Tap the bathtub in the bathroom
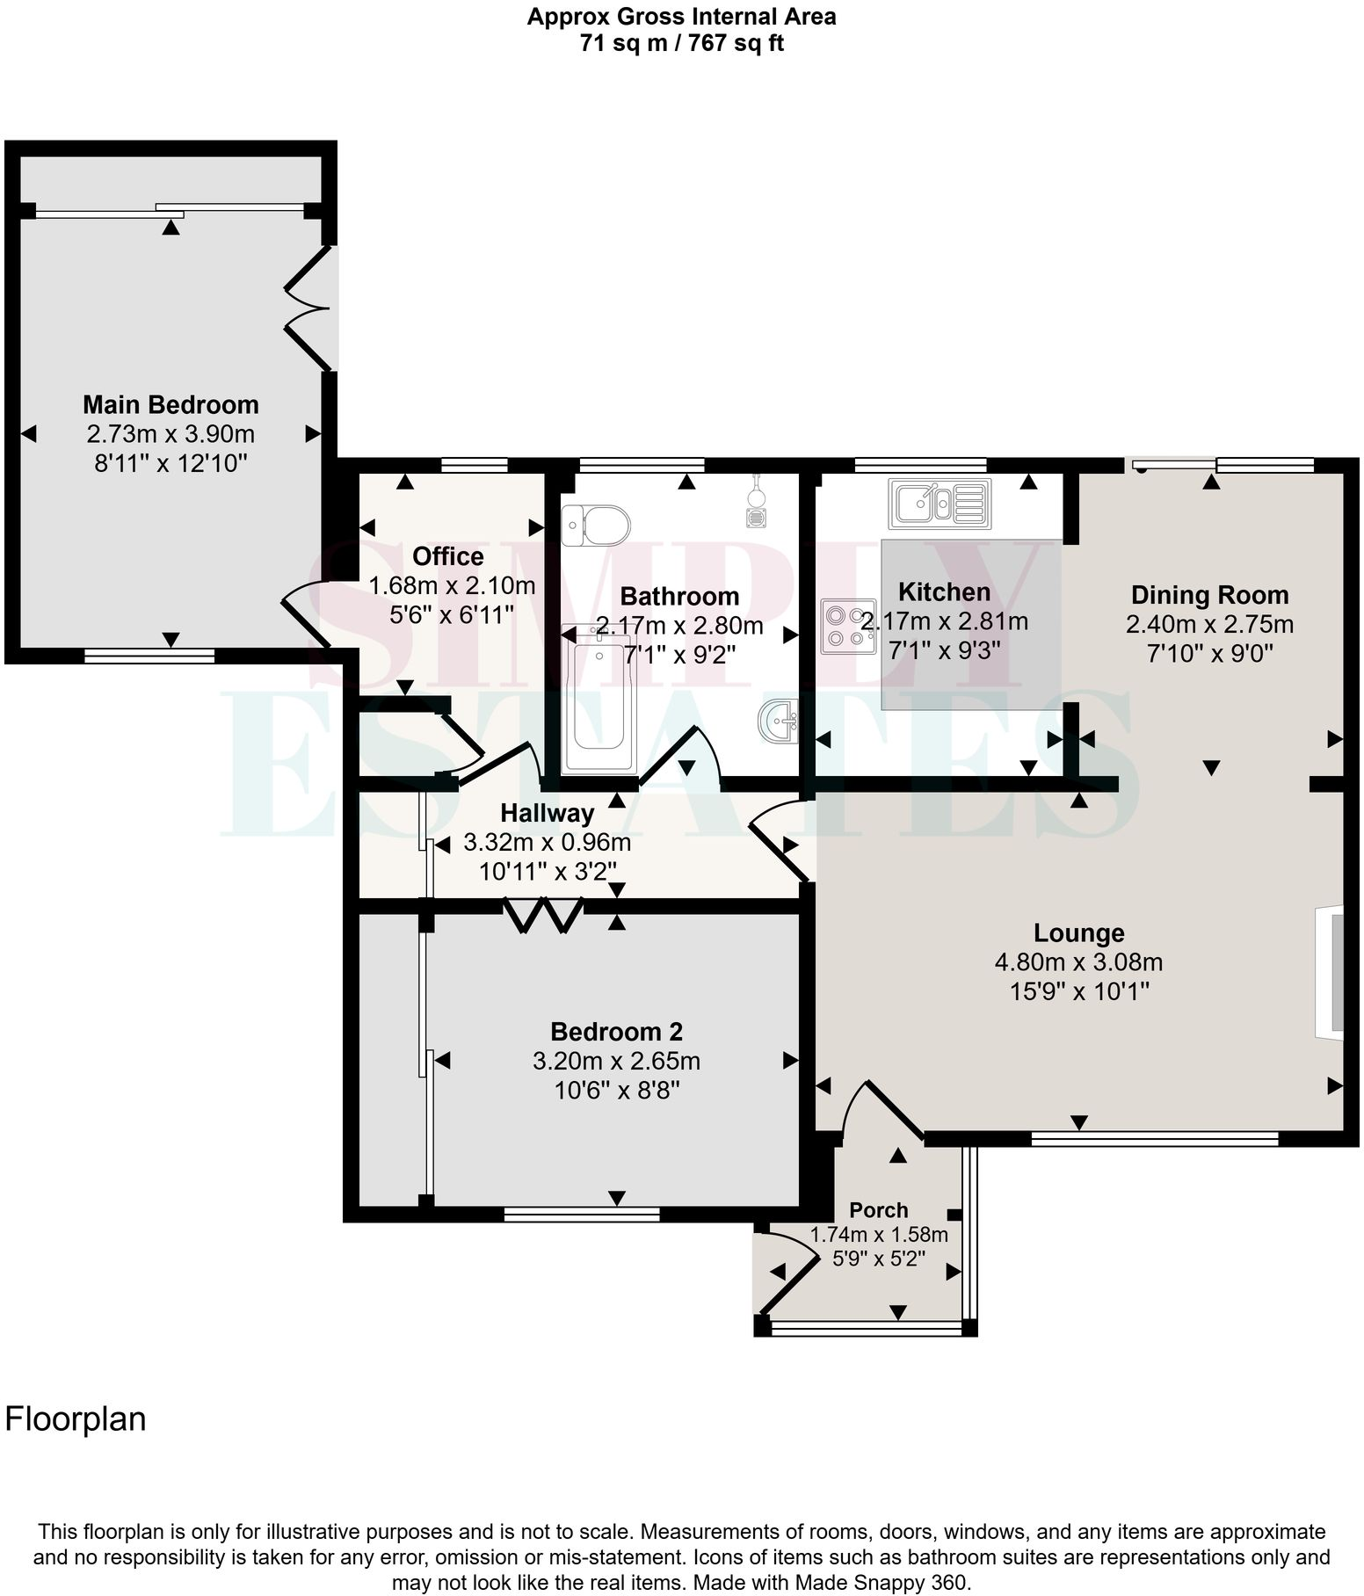(x=600, y=699)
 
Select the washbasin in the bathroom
(x=778, y=722)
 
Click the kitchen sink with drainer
(x=939, y=504)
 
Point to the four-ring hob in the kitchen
(x=849, y=626)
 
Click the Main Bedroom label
(x=170, y=405)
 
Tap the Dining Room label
(x=1209, y=595)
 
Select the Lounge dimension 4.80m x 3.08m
(x=1078, y=961)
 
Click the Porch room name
(x=878, y=1210)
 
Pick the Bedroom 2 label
(x=616, y=1031)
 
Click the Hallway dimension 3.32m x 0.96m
(x=547, y=843)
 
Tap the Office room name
(x=448, y=556)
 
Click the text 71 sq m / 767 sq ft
(x=681, y=43)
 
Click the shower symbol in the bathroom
(x=756, y=503)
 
